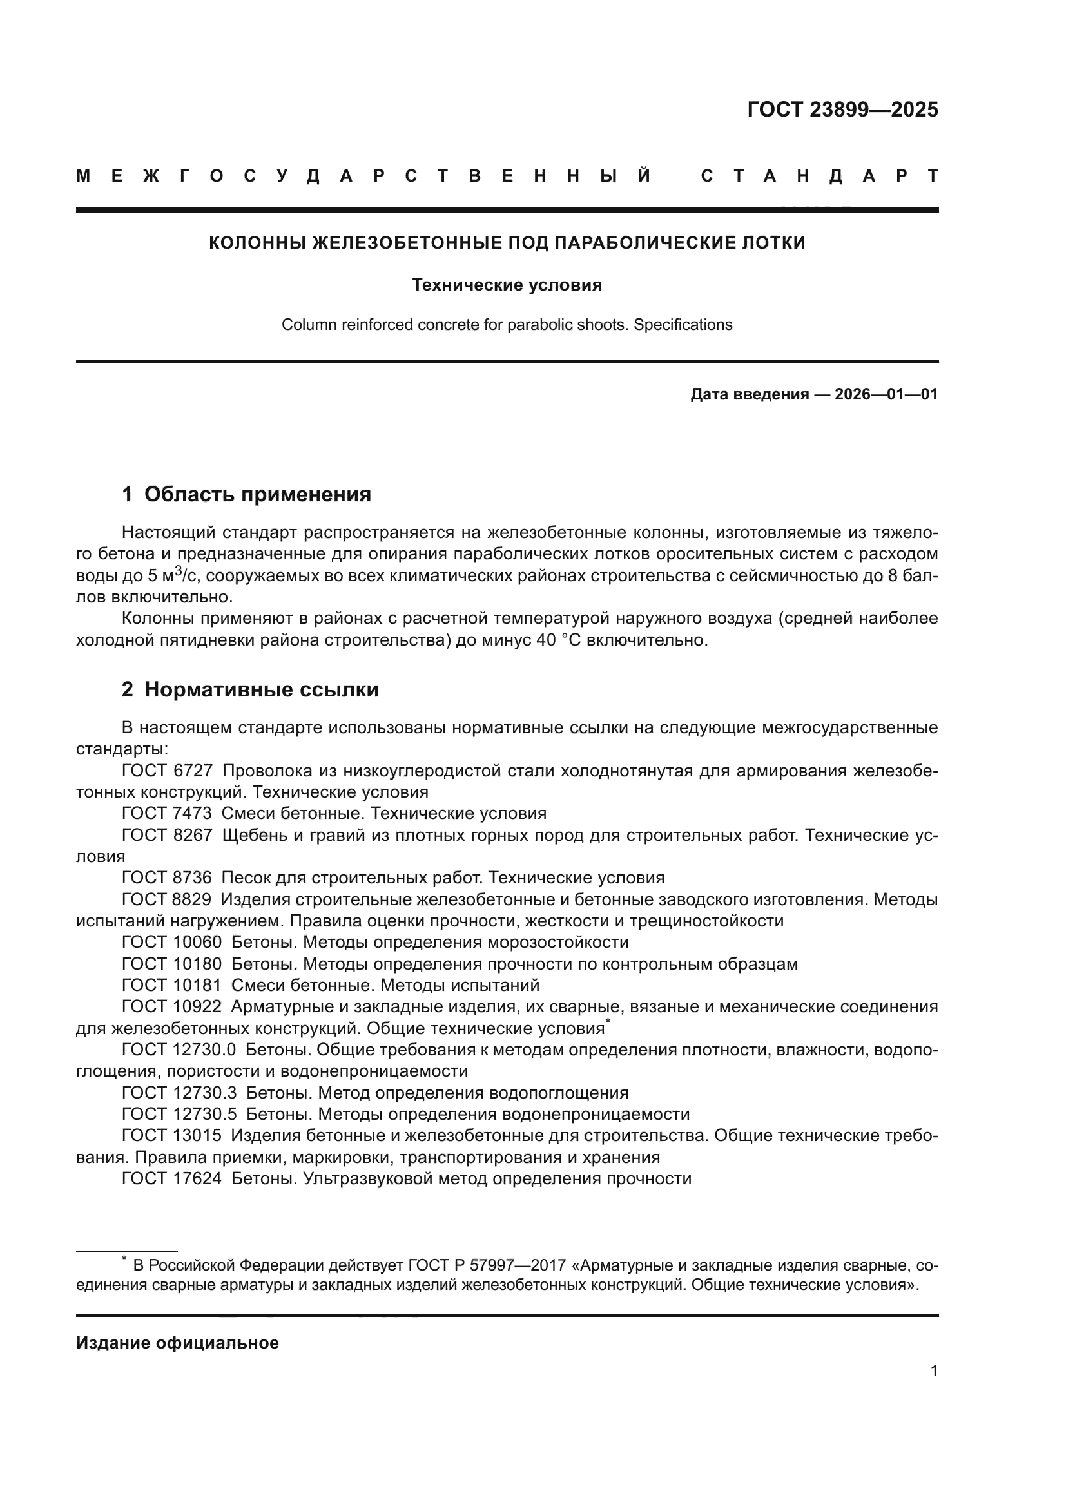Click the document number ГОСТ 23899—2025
pos(842,110)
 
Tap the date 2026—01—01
pos(886,394)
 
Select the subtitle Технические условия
pos(507,285)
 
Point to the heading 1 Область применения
pos(246,494)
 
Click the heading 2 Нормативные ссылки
pos(250,690)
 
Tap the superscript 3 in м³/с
pos(177,570)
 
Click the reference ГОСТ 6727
pos(167,771)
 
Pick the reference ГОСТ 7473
pos(167,814)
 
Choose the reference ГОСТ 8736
pos(167,878)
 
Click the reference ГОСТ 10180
pos(171,965)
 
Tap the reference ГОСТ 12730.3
pos(179,1093)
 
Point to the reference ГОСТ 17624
pos(171,1179)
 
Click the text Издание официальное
pos(177,1343)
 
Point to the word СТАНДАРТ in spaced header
pos(819,177)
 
